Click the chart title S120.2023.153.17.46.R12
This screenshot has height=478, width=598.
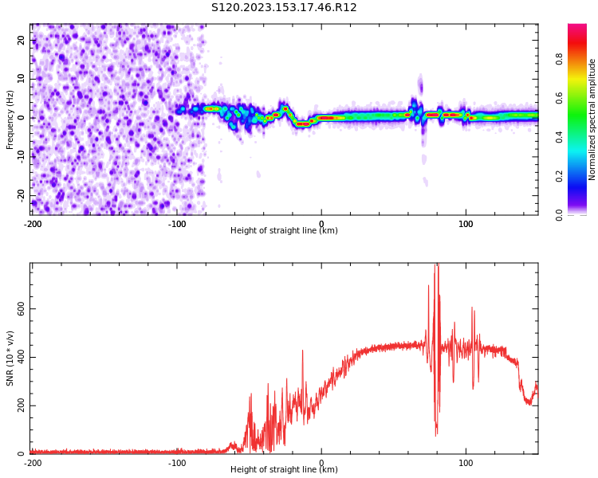(284, 8)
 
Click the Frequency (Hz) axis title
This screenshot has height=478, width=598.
(10, 119)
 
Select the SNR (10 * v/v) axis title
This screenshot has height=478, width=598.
(10, 358)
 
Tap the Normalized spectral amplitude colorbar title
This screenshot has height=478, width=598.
(592, 119)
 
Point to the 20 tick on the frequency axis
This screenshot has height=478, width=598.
(22, 40)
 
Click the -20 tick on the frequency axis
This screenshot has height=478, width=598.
(22, 194)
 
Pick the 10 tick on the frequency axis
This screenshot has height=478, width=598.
(22, 79)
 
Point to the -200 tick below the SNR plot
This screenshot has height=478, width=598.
(33, 463)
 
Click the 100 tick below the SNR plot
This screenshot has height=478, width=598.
(466, 463)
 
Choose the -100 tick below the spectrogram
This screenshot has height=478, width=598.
(177, 224)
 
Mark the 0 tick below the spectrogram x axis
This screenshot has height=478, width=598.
(321, 224)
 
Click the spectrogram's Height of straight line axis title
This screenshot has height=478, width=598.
(284, 231)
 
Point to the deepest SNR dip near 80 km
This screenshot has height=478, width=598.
(435, 435)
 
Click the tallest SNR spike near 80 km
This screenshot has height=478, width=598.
(436, 264)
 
